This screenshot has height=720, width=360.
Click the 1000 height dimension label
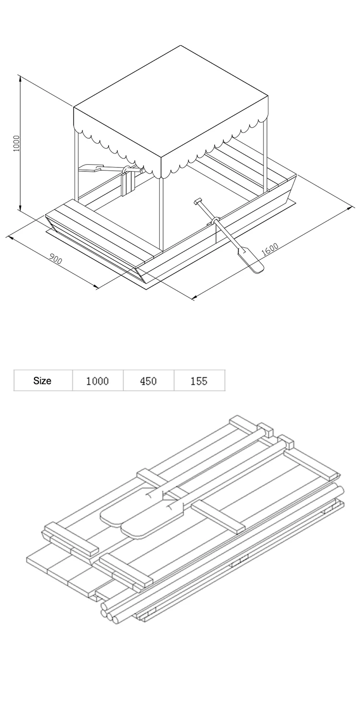pyautogui.click(x=16, y=144)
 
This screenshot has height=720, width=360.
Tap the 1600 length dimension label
pyautogui.click(x=270, y=249)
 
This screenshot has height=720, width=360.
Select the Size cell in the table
pyautogui.click(x=42, y=381)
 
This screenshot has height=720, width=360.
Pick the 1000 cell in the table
pyautogui.click(x=97, y=381)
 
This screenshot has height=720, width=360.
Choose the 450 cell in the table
pyautogui.click(x=148, y=381)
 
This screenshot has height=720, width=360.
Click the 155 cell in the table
pyautogui.click(x=199, y=381)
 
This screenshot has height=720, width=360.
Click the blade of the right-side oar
pyautogui.click(x=251, y=260)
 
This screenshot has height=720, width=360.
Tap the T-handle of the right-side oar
pyautogui.click(x=198, y=201)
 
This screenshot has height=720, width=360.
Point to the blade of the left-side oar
pyautogui.click(x=90, y=168)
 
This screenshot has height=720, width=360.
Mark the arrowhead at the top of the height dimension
pyautogui.click(x=20, y=78)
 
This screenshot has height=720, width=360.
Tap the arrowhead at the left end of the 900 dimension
pyautogui.click(x=10, y=238)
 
